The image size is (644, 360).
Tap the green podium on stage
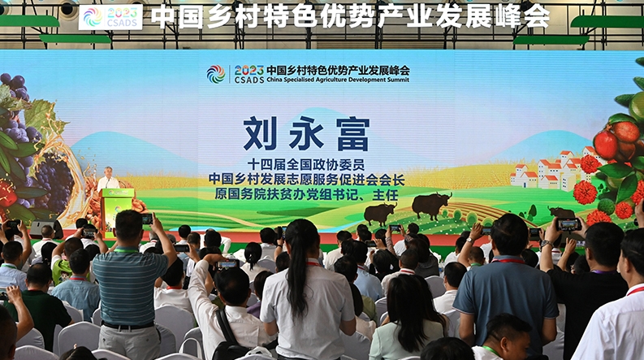[x=117, y=211]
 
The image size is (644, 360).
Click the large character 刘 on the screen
[x=260, y=133]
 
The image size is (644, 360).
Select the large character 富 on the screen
[x=352, y=134]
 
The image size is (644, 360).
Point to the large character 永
[x=306, y=133]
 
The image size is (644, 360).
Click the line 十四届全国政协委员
[x=306, y=165]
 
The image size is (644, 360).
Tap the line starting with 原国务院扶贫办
[x=306, y=194]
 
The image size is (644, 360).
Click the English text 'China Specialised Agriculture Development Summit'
[x=338, y=80]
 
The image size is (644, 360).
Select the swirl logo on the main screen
[x=216, y=75]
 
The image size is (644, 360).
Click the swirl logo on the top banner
[x=93, y=17]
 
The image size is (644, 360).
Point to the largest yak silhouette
[x=431, y=204]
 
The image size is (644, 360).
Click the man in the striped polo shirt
[x=129, y=284]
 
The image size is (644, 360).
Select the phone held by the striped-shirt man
[x=147, y=219]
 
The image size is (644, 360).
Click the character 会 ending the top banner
[x=536, y=17]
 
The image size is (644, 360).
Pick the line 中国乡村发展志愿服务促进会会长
[x=306, y=180]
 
